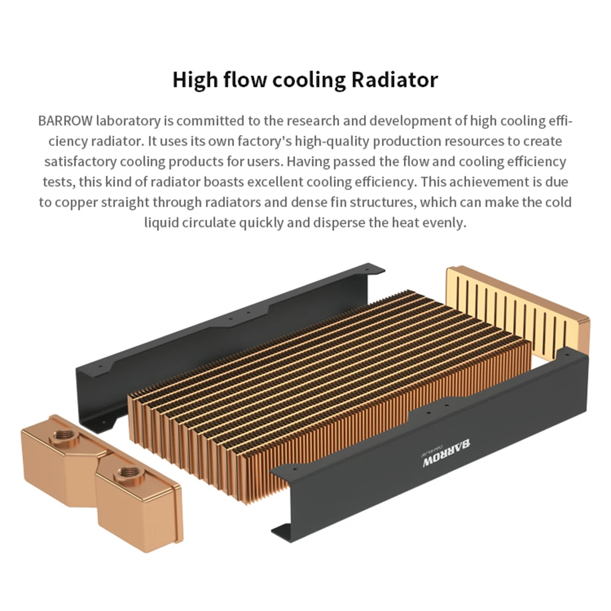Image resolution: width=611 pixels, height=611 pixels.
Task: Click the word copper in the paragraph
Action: point(77,202)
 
